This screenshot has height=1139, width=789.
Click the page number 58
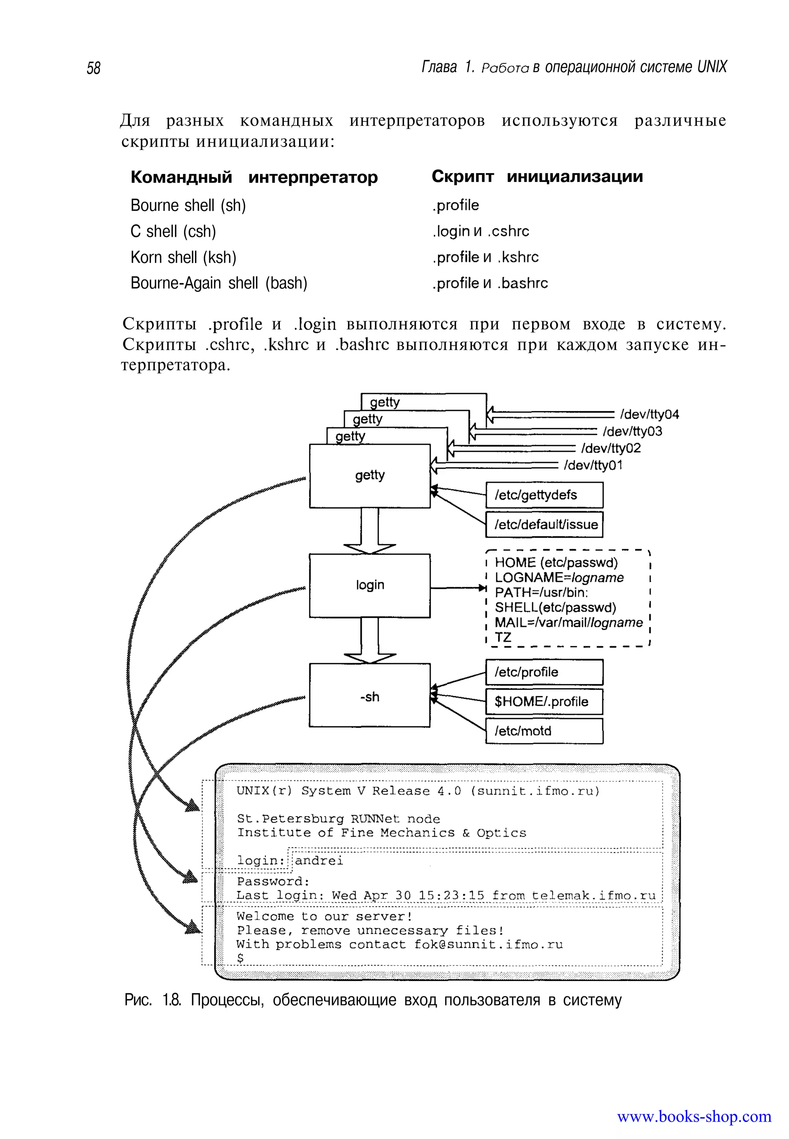click(x=94, y=68)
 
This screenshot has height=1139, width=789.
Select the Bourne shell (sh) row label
click(x=188, y=206)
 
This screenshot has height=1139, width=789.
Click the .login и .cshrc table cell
click(x=480, y=231)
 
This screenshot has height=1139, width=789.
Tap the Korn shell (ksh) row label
click(x=183, y=257)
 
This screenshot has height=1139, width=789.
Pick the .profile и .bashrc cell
click(x=490, y=283)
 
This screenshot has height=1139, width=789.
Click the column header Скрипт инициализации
click(x=537, y=177)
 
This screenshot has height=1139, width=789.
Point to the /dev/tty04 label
click(x=649, y=414)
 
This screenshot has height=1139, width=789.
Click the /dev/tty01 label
click(x=593, y=465)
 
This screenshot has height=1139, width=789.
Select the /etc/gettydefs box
click(x=544, y=495)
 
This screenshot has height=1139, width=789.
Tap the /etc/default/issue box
click(x=544, y=524)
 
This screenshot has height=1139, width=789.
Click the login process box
click(x=370, y=585)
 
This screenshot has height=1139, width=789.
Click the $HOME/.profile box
click(x=544, y=702)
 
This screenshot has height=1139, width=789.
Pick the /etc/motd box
click(x=544, y=731)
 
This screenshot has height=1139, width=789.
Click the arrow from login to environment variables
click(x=457, y=588)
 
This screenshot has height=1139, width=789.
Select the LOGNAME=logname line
click(x=559, y=578)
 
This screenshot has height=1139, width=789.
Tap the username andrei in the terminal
click(x=319, y=861)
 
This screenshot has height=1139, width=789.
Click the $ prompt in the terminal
click(x=240, y=958)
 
